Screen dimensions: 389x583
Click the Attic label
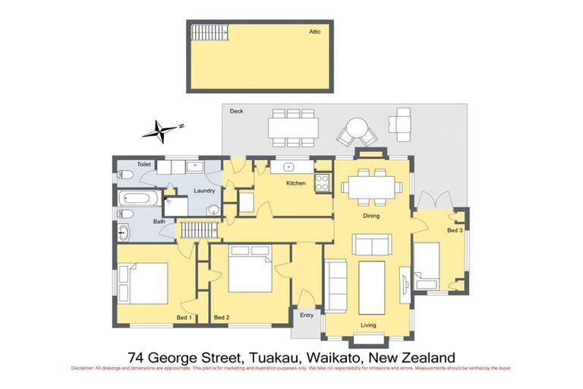tap(315, 32)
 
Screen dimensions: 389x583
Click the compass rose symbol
tap(160, 131)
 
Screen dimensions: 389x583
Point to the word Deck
tap(236, 112)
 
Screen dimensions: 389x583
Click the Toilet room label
tap(144, 164)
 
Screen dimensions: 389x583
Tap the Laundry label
tap(205, 191)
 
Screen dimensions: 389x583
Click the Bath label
tap(159, 222)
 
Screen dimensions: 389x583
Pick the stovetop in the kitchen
tap(322, 182)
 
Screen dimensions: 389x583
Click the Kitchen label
tap(295, 184)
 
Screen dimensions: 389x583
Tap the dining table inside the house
tap(370, 186)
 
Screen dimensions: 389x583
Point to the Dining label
tap(370, 216)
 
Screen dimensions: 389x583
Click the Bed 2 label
tap(222, 317)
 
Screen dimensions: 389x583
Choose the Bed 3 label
tap(454, 229)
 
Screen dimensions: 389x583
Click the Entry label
tap(307, 315)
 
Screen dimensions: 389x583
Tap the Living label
tap(368, 325)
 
